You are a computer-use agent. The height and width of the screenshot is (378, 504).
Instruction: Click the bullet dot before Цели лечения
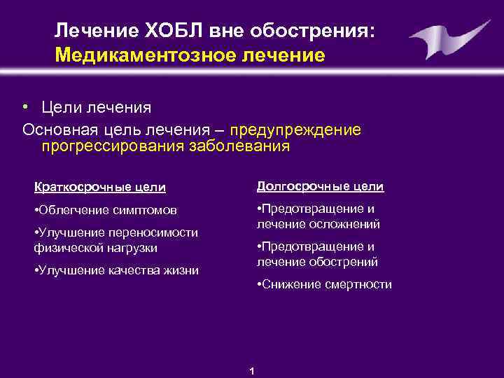tap(24, 107)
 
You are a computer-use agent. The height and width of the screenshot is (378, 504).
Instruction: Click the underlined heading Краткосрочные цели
tap(100, 187)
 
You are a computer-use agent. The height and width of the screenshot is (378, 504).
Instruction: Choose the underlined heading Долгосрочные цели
tap(320, 186)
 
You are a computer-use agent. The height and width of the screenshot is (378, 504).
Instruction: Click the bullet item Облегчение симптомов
tap(105, 210)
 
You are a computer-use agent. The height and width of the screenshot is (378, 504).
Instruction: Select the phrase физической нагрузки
tap(95, 248)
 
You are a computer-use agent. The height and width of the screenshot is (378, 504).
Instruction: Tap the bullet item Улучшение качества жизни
tap(115, 270)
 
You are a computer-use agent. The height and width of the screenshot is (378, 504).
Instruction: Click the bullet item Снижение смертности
tap(324, 284)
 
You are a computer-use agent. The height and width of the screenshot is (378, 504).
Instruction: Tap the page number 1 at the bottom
tap(252, 370)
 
